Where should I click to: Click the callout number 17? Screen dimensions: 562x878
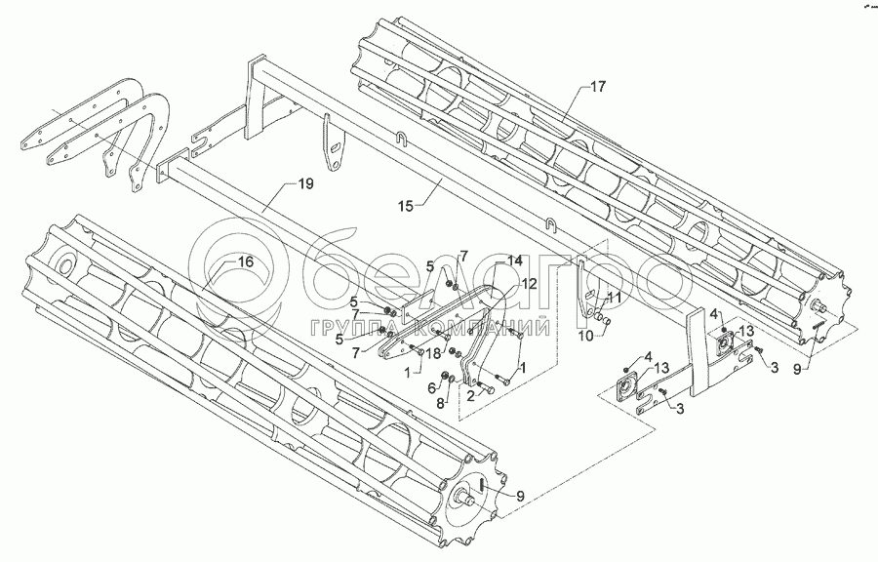[x=597, y=87]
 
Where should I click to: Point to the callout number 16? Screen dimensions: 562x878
[x=244, y=261]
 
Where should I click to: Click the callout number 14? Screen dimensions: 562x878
[x=514, y=261]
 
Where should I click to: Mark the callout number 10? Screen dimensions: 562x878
[x=585, y=337]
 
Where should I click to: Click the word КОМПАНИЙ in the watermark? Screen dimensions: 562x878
[x=488, y=328]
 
